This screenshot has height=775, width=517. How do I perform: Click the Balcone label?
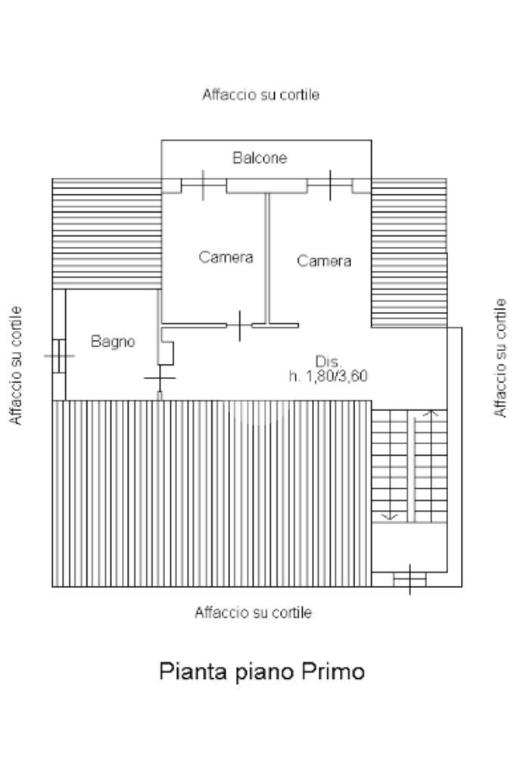[x=260, y=158]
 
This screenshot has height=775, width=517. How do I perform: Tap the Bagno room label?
[x=113, y=341]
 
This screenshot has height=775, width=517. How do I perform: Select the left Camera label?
[x=226, y=257]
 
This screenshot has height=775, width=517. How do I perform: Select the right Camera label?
[x=324, y=261]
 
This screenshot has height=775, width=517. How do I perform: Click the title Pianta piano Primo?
[x=262, y=671]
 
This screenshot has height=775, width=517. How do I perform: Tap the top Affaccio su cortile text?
[x=260, y=95]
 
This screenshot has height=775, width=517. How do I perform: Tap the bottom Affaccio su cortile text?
[x=253, y=612]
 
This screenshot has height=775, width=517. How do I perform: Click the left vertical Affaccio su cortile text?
[x=17, y=366]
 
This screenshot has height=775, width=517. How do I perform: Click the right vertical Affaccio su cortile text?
[x=500, y=358]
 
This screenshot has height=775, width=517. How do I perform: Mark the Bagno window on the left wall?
[x=59, y=353]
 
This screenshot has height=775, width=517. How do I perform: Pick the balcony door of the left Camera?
[x=204, y=185]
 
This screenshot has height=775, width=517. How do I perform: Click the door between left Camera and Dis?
[x=239, y=326]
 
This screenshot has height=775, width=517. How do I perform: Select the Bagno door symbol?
[x=159, y=377]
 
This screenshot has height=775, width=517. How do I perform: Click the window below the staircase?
[x=410, y=579]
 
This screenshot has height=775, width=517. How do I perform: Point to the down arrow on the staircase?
[x=391, y=516]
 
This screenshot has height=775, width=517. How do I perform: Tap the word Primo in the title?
[x=333, y=671]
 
